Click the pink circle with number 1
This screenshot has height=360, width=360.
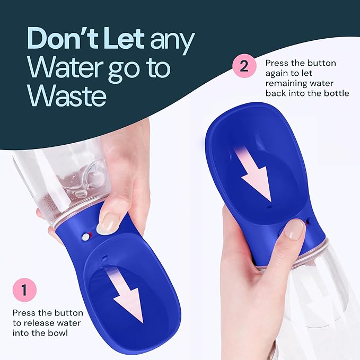click(24, 290)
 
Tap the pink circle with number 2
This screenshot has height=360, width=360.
click(244, 67)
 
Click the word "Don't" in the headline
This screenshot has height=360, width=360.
click(58, 39)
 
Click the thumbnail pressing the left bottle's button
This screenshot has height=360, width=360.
click(110, 223)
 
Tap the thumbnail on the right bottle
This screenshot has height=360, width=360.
click(295, 229)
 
